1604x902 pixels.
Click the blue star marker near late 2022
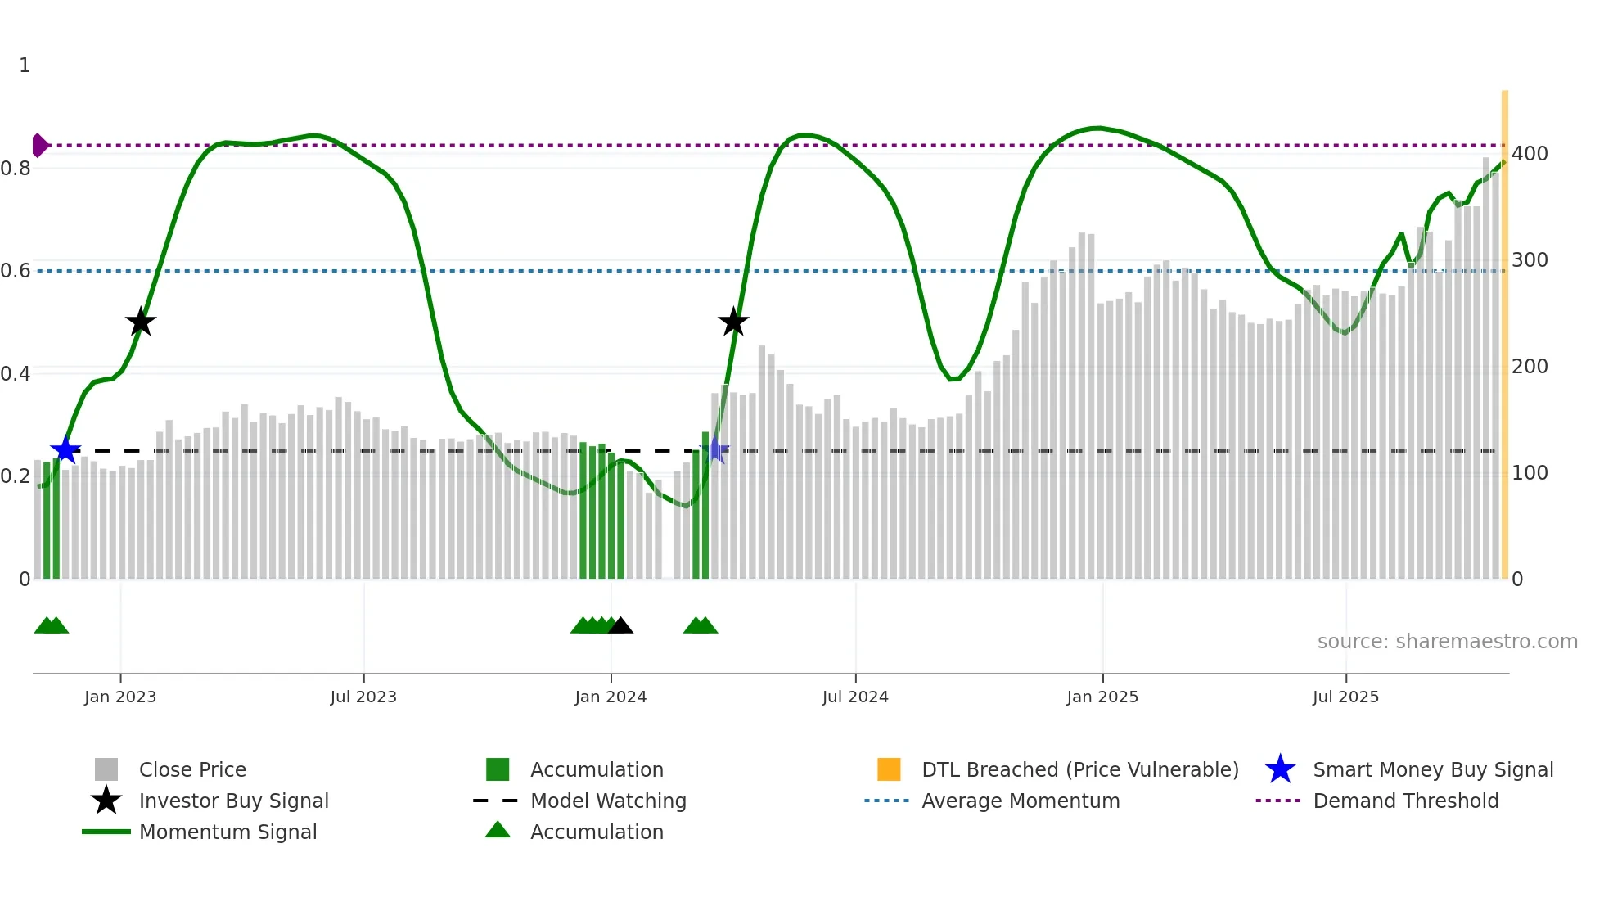click(x=65, y=449)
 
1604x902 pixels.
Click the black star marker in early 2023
click(x=141, y=322)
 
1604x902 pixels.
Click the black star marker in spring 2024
click(x=733, y=322)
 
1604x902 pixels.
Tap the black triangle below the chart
click(x=621, y=626)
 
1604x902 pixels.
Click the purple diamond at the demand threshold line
click(x=39, y=145)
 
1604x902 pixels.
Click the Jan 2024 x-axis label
click(x=611, y=697)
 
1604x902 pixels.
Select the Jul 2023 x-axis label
click(x=363, y=697)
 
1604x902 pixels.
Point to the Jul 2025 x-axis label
click(x=1345, y=697)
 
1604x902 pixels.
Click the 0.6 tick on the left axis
click(x=16, y=270)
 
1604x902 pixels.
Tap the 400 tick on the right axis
click(x=1530, y=154)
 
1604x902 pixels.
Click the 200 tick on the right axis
click(x=1530, y=367)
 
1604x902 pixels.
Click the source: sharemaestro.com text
click(x=1447, y=641)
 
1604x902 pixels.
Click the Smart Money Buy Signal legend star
click(x=1280, y=769)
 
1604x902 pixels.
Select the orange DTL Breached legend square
click(x=889, y=769)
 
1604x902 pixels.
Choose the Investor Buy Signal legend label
click(x=234, y=801)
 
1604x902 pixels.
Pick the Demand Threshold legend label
click(x=1405, y=801)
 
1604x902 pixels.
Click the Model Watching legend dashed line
click(x=496, y=801)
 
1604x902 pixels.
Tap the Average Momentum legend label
click(x=1021, y=801)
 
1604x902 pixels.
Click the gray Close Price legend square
click(x=106, y=769)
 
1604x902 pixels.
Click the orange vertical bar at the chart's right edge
click(x=1504, y=327)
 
